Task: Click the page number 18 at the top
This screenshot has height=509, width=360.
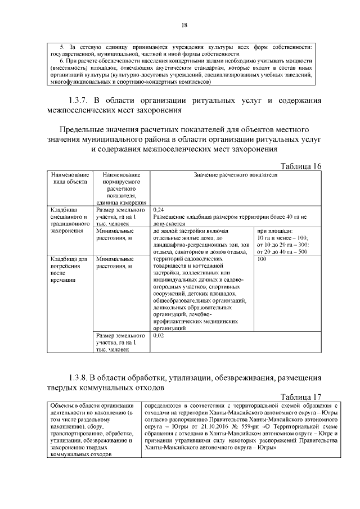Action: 184,25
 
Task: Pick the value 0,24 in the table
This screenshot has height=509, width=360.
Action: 158,210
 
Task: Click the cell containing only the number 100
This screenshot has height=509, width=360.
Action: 261,260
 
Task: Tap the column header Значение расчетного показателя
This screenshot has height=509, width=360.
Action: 236,175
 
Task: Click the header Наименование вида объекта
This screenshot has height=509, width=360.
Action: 70,179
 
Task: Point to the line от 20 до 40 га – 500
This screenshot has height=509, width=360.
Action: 282,251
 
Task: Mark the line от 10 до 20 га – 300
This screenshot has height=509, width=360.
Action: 282,245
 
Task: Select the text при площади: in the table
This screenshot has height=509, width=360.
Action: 274,231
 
